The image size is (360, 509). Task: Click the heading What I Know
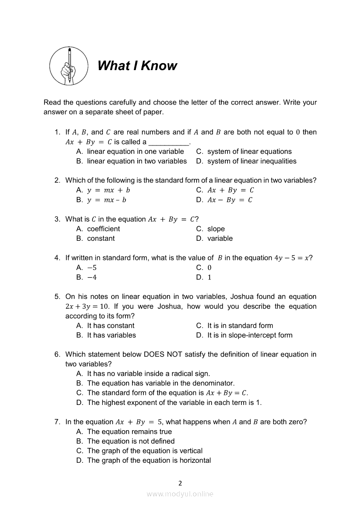pos(137,66)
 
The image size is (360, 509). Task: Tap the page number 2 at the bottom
pos(180,483)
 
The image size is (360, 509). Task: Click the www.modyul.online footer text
pos(180,494)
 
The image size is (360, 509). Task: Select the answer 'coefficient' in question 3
pos(103,229)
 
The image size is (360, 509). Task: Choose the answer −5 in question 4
pos(92,268)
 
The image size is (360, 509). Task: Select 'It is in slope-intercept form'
pos(250,335)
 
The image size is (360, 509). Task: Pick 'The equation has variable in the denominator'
pos(160,383)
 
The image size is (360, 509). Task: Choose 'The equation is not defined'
pos(131,441)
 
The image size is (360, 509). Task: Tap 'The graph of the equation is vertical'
pos(145,451)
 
